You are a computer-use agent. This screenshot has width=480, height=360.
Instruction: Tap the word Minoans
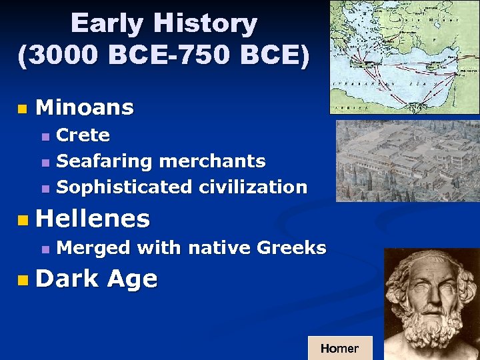(85, 107)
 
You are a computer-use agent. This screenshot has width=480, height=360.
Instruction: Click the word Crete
(83, 135)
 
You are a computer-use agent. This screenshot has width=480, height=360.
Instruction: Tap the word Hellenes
(93, 218)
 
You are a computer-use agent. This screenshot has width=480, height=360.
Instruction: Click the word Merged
(93, 249)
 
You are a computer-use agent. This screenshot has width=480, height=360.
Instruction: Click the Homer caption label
(339, 348)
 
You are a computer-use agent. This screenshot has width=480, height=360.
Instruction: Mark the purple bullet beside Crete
(45, 137)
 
